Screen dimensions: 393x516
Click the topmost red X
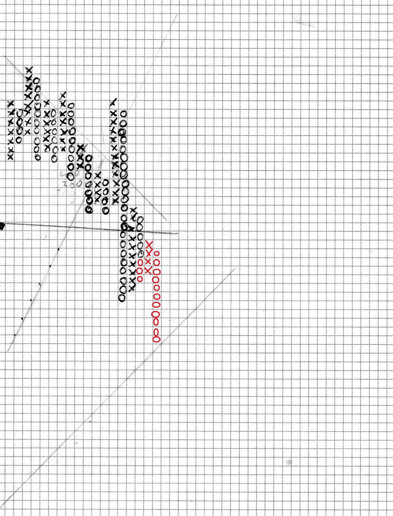click(149, 244)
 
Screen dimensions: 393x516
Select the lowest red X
click(148, 270)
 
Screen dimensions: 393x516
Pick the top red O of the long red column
click(157, 253)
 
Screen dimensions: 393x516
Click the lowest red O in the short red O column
click(140, 279)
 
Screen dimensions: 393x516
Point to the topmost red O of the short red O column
click(140, 262)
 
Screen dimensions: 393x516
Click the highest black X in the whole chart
click(29, 69)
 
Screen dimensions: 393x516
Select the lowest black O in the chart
click(122, 298)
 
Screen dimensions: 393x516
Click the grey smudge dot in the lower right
click(289, 462)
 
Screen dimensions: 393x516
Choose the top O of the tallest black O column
click(123, 114)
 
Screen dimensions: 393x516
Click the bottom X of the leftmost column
click(10, 157)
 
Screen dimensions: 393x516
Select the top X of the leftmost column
click(11, 104)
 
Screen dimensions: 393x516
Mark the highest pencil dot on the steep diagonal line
click(58, 249)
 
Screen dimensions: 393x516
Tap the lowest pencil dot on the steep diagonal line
click(15, 335)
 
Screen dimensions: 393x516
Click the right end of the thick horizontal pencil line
click(177, 233)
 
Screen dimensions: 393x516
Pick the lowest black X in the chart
click(132, 288)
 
